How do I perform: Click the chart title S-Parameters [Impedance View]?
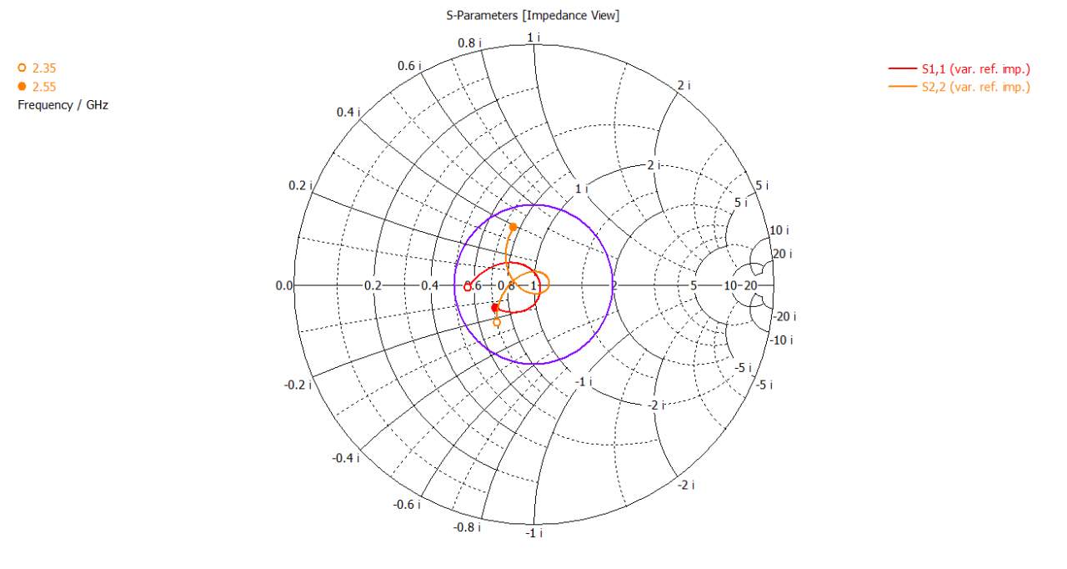533,16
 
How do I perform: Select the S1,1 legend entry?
975,69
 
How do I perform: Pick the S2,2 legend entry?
975,87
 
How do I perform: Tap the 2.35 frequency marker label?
44,68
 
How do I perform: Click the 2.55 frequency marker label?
44,87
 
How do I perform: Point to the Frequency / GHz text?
63,105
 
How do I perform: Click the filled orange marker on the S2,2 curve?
513,227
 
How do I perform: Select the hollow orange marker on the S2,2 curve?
497,322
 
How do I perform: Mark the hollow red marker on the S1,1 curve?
468,287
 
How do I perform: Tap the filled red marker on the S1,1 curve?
495,308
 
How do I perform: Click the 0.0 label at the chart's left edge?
284,286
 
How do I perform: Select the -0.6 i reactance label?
408,505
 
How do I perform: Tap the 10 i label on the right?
777,230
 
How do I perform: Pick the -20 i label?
784,316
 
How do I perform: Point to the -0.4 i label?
345,458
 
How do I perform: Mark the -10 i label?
781,340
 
